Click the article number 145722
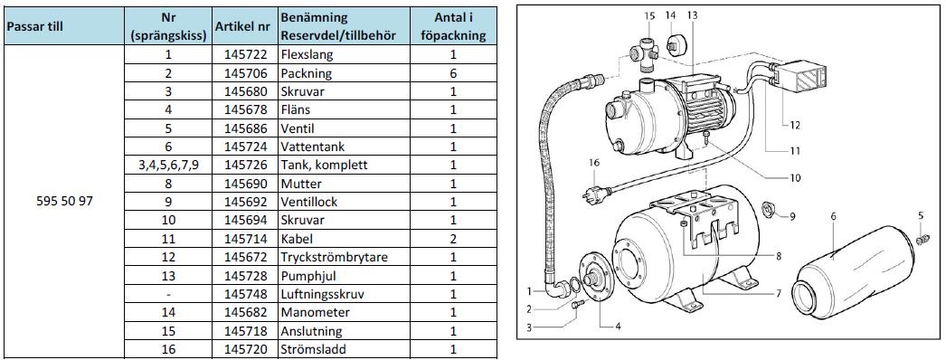coord(245,54)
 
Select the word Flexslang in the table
coord(307,54)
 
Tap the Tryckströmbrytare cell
coord(335,257)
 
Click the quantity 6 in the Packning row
coord(453,73)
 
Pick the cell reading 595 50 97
coord(64,202)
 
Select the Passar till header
coord(35,26)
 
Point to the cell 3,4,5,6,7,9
coord(168,165)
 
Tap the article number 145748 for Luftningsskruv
coord(245,294)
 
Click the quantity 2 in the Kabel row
coord(453,239)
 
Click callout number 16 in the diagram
coord(594,162)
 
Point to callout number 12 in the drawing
coord(795,126)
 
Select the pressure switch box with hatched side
coord(797,77)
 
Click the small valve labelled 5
coord(921,240)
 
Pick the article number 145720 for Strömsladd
coord(245,349)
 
